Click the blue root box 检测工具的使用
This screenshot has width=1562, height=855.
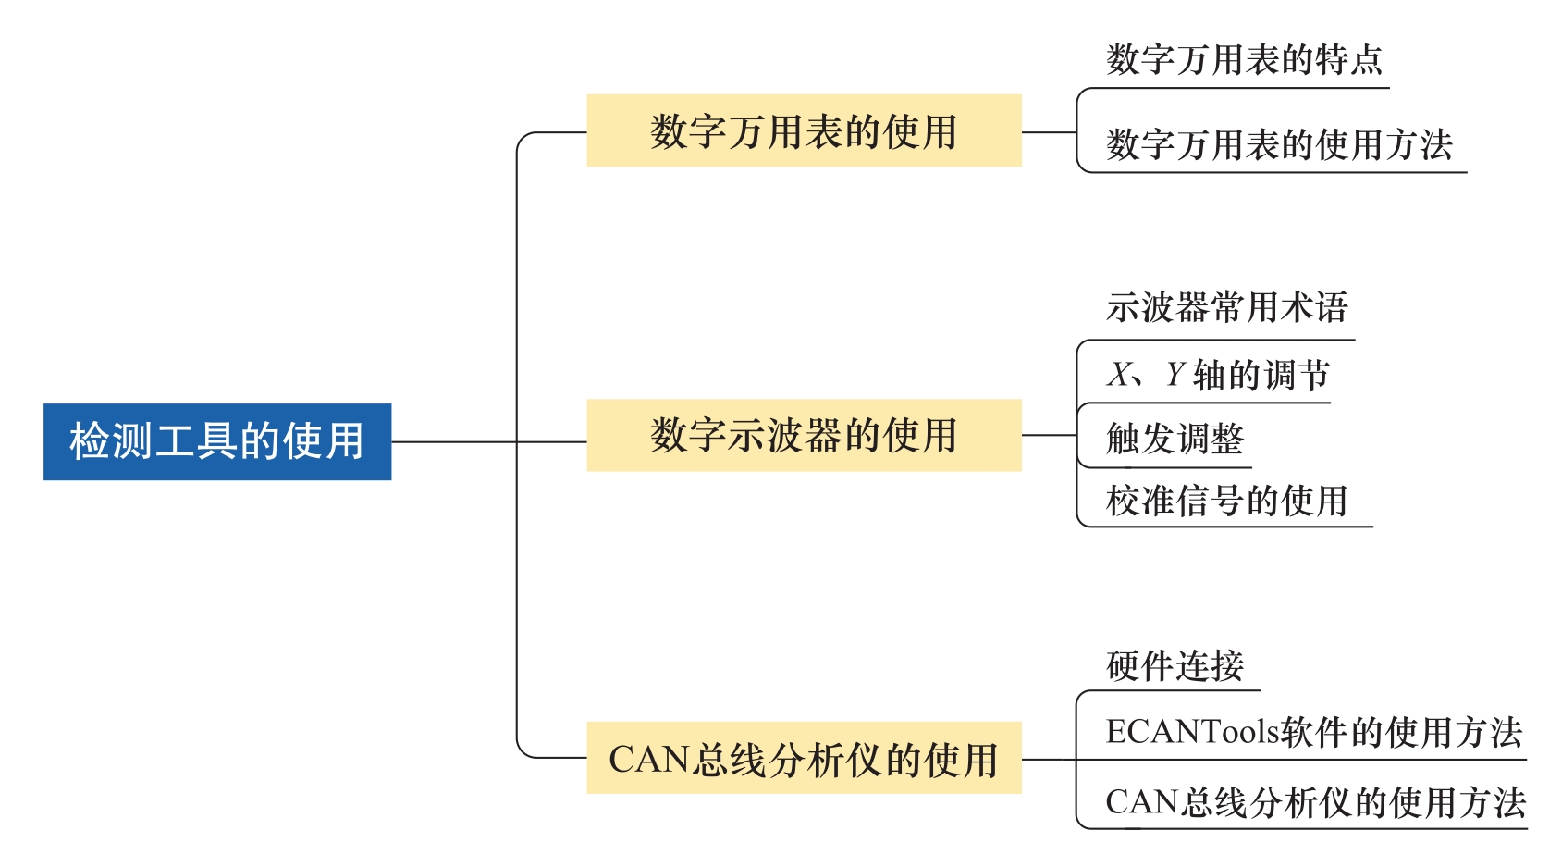tap(217, 441)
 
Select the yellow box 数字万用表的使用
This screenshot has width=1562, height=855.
tap(804, 130)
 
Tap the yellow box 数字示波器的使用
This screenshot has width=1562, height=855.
tap(804, 435)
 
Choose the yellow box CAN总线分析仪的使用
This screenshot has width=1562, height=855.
tap(804, 758)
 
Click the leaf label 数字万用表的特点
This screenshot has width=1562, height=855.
tap(1244, 60)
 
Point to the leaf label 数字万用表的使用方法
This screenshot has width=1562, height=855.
tap(1279, 145)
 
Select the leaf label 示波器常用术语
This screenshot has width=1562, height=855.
tap(1227, 307)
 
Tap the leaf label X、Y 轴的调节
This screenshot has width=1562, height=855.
tap(1218, 375)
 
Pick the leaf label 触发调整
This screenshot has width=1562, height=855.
tap(1175, 439)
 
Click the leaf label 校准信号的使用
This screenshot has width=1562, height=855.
tap(1226, 501)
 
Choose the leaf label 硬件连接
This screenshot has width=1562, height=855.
tap(1175, 665)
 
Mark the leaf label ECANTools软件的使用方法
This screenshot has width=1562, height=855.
tap(1313, 732)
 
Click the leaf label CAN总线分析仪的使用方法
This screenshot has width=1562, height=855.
tap(1315, 802)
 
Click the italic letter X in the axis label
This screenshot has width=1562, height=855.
tap(1120, 375)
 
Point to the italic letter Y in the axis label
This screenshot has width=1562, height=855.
tap(1175, 375)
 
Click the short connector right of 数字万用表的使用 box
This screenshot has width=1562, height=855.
tap(1049, 132)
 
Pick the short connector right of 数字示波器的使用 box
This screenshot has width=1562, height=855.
tap(1049, 435)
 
